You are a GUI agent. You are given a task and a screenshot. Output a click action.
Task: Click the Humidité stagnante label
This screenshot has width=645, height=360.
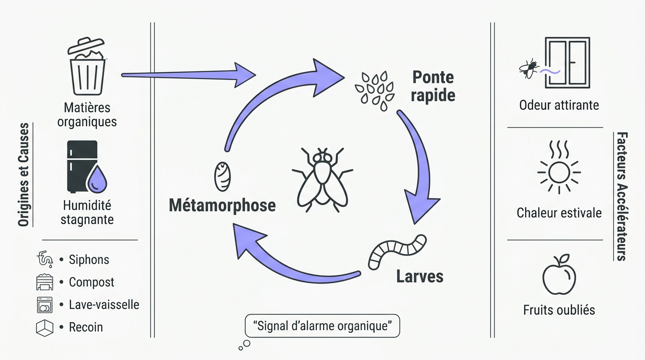(x=87, y=212)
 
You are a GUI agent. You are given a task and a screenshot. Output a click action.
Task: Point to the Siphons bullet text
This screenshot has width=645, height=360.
(x=89, y=260)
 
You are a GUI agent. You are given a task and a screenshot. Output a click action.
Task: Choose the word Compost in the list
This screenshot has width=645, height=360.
(x=91, y=282)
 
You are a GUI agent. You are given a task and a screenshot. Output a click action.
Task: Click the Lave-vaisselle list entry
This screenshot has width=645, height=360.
(x=104, y=305)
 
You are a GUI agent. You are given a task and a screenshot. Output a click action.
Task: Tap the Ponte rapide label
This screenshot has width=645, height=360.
(x=433, y=86)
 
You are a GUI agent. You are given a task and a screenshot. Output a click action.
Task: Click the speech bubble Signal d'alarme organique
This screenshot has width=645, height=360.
(x=322, y=326)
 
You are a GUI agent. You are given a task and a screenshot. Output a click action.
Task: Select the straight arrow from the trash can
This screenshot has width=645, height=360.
(x=187, y=74)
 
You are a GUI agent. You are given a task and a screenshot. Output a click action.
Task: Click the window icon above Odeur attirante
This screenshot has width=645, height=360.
(x=567, y=62)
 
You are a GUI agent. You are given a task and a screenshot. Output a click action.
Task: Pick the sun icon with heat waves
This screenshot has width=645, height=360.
(x=559, y=169)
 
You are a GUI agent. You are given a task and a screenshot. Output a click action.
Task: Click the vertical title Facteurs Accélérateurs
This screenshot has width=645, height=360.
(x=622, y=196)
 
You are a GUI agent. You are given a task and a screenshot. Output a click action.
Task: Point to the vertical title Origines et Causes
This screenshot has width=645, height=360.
(x=23, y=175)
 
